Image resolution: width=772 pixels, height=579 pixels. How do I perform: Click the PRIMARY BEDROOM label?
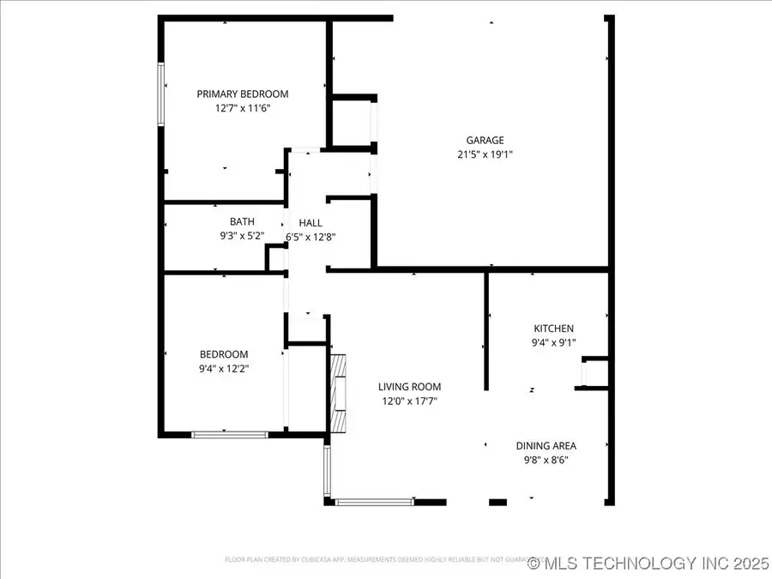click(243, 94)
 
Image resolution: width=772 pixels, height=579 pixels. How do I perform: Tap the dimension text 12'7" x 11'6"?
click(243, 109)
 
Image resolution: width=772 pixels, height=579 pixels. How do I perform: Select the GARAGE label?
click(485, 141)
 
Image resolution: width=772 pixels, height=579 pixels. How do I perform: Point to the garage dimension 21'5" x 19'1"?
click(485, 155)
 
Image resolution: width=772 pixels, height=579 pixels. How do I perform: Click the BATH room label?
click(242, 221)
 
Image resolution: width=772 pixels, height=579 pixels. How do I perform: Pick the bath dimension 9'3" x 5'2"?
click(242, 236)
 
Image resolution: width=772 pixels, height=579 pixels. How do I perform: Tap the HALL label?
click(311, 223)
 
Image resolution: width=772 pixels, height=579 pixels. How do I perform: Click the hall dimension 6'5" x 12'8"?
click(311, 237)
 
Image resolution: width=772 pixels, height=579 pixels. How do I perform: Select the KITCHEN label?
click(554, 329)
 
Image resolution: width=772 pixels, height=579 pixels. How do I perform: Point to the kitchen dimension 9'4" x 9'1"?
click(554, 343)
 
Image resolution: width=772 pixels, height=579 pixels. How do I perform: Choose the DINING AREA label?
click(546, 446)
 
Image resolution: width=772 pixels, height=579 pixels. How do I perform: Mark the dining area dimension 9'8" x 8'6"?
click(546, 460)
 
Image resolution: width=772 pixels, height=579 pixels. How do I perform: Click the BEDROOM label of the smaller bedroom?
click(224, 354)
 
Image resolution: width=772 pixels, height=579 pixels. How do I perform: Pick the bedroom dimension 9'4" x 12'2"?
click(224, 369)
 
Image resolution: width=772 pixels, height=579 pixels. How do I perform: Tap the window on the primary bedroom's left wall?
click(160, 95)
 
